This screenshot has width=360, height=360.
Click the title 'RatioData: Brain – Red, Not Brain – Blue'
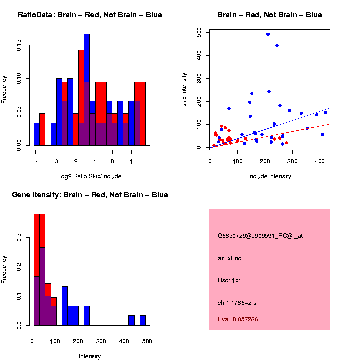coord(90,15)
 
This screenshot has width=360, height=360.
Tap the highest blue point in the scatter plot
coord(268,34)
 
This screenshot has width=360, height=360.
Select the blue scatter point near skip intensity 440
coord(277,45)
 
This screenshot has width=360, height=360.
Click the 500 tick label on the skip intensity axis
coord(199,32)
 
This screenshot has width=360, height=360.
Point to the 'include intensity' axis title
coord(270,176)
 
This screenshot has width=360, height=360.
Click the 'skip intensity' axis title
coord(184,90)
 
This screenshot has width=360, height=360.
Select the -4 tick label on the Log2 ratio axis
coord(35,161)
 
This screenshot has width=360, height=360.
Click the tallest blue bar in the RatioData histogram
coord(87,57)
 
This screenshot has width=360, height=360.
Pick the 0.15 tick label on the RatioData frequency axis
coord(19,47)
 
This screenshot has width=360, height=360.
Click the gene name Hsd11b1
coord(230,280)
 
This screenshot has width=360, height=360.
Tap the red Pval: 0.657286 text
coord(238,319)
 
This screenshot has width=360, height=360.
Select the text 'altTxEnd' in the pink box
coord(230,258)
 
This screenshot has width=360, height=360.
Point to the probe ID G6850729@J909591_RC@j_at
coord(260,236)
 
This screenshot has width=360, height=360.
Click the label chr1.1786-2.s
coord(237,303)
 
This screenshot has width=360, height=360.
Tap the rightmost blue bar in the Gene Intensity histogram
coord(143,320)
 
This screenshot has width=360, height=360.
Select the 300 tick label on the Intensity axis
coord(101,341)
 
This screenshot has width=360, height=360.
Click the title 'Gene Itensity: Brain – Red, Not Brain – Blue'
coord(90,195)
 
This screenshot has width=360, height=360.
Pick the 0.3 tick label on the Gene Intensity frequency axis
coord(19,239)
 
